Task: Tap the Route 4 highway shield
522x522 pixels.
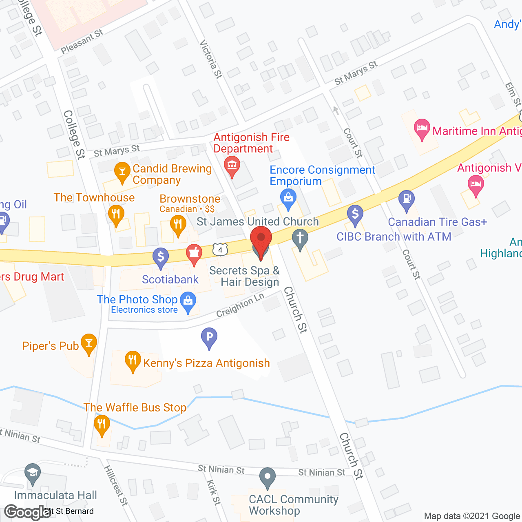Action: [220, 249]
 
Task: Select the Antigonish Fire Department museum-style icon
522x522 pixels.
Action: [232, 165]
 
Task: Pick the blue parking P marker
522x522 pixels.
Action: [209, 337]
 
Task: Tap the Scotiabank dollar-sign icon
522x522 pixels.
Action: [161, 257]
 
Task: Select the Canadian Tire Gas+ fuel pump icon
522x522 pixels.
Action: [407, 199]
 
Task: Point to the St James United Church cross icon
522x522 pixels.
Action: [300, 237]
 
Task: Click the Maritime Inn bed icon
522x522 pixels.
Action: [422, 128]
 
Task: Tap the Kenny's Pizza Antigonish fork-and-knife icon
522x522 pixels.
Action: [133, 360]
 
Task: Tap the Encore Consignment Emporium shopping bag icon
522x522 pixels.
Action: [288, 199]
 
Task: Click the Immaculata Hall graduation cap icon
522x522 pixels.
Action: [33, 473]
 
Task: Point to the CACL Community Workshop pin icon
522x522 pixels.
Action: [268, 476]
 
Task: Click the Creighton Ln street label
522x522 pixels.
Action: [240, 305]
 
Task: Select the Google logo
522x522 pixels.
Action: [28, 512]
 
